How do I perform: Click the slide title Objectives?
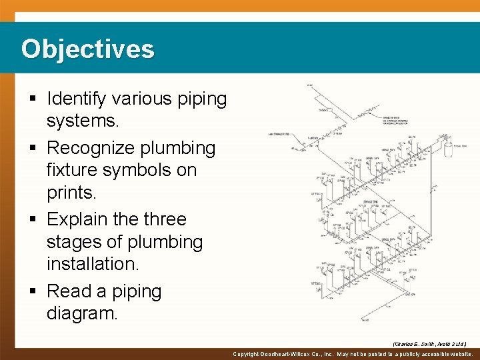click(x=87, y=49)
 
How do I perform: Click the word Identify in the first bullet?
click(x=76, y=99)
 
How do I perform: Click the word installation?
click(x=93, y=264)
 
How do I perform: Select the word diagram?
click(x=81, y=313)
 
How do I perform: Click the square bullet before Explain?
click(x=33, y=219)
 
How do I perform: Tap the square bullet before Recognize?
click(x=33, y=148)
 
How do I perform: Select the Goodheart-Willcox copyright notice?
click(x=353, y=355)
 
